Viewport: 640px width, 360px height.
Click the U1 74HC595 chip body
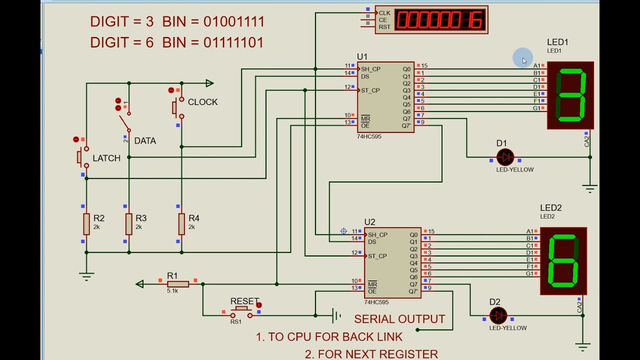(x=385, y=97)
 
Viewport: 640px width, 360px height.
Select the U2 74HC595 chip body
(x=392, y=263)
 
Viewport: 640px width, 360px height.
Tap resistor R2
(x=86, y=224)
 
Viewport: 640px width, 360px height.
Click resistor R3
(x=129, y=224)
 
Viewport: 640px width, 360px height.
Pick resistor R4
(x=181, y=224)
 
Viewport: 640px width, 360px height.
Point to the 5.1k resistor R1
(x=177, y=284)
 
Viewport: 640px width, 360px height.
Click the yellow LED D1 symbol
(x=505, y=157)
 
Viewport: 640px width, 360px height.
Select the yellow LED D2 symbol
(x=498, y=315)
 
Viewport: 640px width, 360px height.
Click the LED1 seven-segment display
(x=570, y=95)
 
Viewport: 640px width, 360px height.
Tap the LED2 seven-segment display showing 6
(x=563, y=261)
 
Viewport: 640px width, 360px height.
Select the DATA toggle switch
(x=125, y=122)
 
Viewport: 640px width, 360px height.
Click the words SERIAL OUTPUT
(x=399, y=319)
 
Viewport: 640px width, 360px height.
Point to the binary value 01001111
(x=234, y=21)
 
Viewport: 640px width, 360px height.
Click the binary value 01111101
(x=233, y=42)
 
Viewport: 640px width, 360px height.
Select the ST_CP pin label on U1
(x=370, y=90)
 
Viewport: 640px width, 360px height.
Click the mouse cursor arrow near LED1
(x=524, y=60)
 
